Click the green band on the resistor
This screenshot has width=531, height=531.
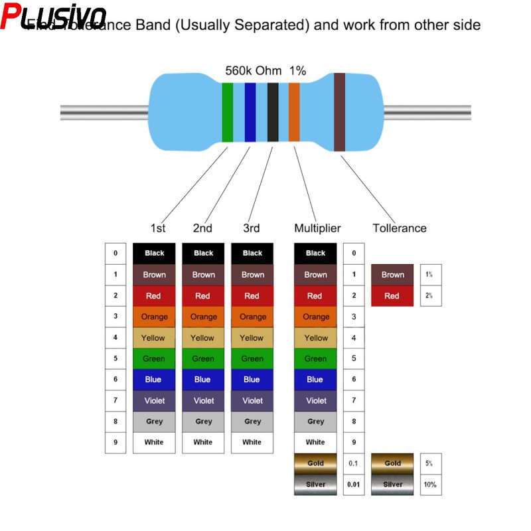(227, 112)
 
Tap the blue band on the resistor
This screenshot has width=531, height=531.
(250, 112)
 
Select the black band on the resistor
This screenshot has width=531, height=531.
(272, 112)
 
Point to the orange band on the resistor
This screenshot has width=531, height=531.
(294, 112)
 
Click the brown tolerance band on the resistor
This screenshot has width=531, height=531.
(339, 112)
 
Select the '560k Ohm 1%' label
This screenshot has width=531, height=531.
(265, 70)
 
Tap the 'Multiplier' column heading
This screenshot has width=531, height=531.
(317, 228)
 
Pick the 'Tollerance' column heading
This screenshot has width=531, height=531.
(400, 228)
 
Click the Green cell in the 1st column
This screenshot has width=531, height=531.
(154, 358)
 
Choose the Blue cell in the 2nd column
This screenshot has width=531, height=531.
(203, 380)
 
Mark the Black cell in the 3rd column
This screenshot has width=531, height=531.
(252, 253)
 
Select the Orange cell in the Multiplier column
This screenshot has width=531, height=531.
(316, 317)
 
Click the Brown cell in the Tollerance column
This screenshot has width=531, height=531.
(392, 275)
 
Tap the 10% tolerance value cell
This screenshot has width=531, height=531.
(430, 485)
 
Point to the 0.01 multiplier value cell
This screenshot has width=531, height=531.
(354, 485)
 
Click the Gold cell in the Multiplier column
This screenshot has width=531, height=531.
(316, 463)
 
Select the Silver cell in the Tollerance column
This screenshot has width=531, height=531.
(392, 485)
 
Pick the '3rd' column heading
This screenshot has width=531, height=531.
(252, 228)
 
